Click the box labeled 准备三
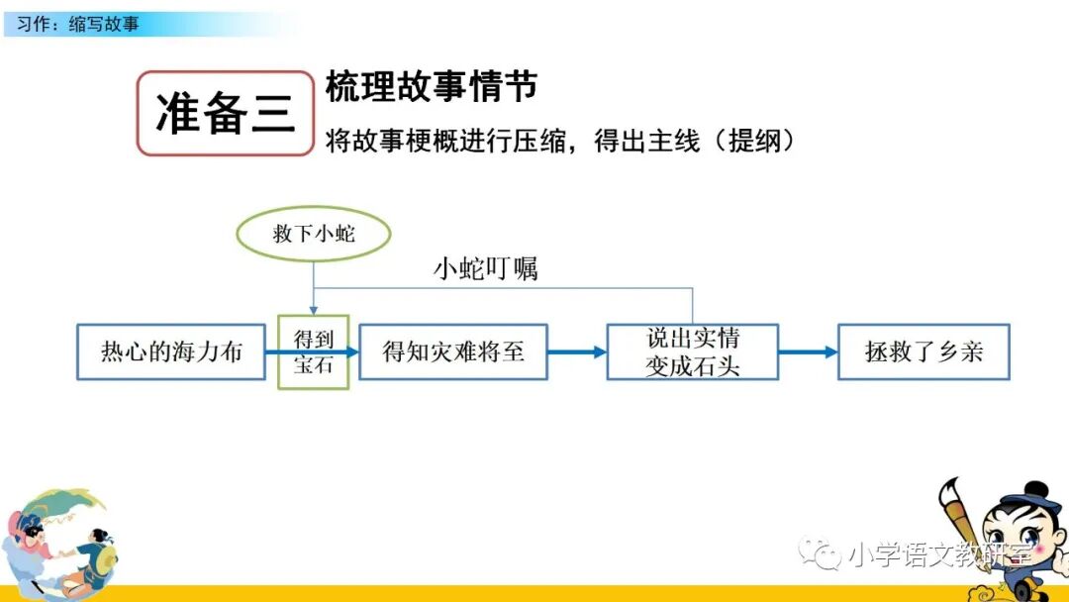click(x=225, y=114)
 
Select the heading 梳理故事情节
click(x=432, y=87)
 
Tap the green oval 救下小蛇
click(x=314, y=235)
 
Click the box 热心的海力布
click(x=171, y=351)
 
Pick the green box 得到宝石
click(x=314, y=351)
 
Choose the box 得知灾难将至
click(x=453, y=351)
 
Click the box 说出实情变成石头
click(x=692, y=351)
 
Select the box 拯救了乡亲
click(x=923, y=351)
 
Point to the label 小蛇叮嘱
click(x=486, y=268)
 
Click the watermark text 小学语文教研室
click(x=940, y=555)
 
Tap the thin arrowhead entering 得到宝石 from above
click(x=314, y=310)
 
